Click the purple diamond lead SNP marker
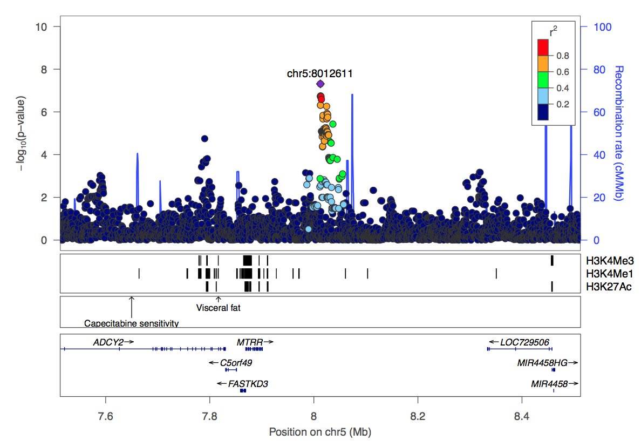click(320, 84)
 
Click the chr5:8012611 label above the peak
click(319, 73)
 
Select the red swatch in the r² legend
click(543, 48)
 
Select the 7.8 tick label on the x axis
click(210, 416)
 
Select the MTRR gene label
click(250, 342)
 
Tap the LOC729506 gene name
click(524, 342)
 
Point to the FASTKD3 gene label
click(248, 384)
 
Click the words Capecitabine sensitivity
click(131, 323)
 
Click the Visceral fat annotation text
click(218, 308)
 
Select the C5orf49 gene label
click(236, 363)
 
